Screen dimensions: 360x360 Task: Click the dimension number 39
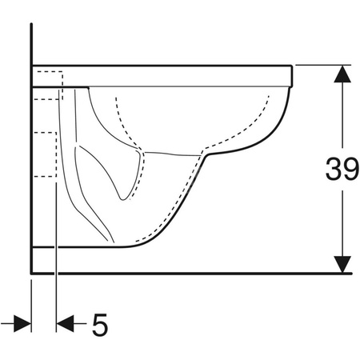click(342, 169)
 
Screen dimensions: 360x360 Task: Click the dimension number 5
click(100, 325)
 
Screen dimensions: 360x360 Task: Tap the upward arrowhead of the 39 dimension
click(342, 74)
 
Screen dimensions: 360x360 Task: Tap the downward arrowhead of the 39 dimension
click(342, 264)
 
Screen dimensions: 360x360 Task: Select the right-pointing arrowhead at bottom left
click(22, 324)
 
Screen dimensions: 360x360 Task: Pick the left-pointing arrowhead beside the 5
click(65, 324)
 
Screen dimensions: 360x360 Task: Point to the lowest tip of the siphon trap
click(123, 199)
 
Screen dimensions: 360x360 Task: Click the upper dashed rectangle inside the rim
click(50, 86)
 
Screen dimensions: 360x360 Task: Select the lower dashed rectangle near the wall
click(46, 154)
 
